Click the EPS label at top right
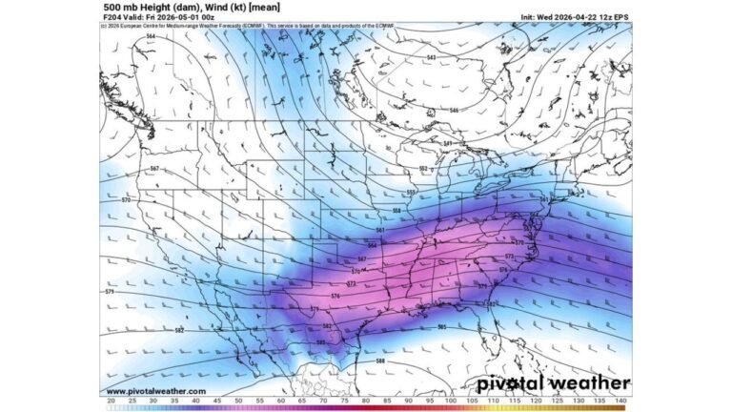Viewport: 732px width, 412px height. pos(620,17)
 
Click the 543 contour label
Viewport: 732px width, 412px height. pos(432,58)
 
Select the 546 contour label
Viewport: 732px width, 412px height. pos(454,111)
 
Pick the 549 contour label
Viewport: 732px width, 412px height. pos(447,144)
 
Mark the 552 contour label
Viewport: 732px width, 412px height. pos(424,168)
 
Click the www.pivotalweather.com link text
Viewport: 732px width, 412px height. pos(155,391)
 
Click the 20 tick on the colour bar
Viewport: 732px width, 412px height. pos(112,402)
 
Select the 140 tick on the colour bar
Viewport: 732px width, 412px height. pos(620,402)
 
